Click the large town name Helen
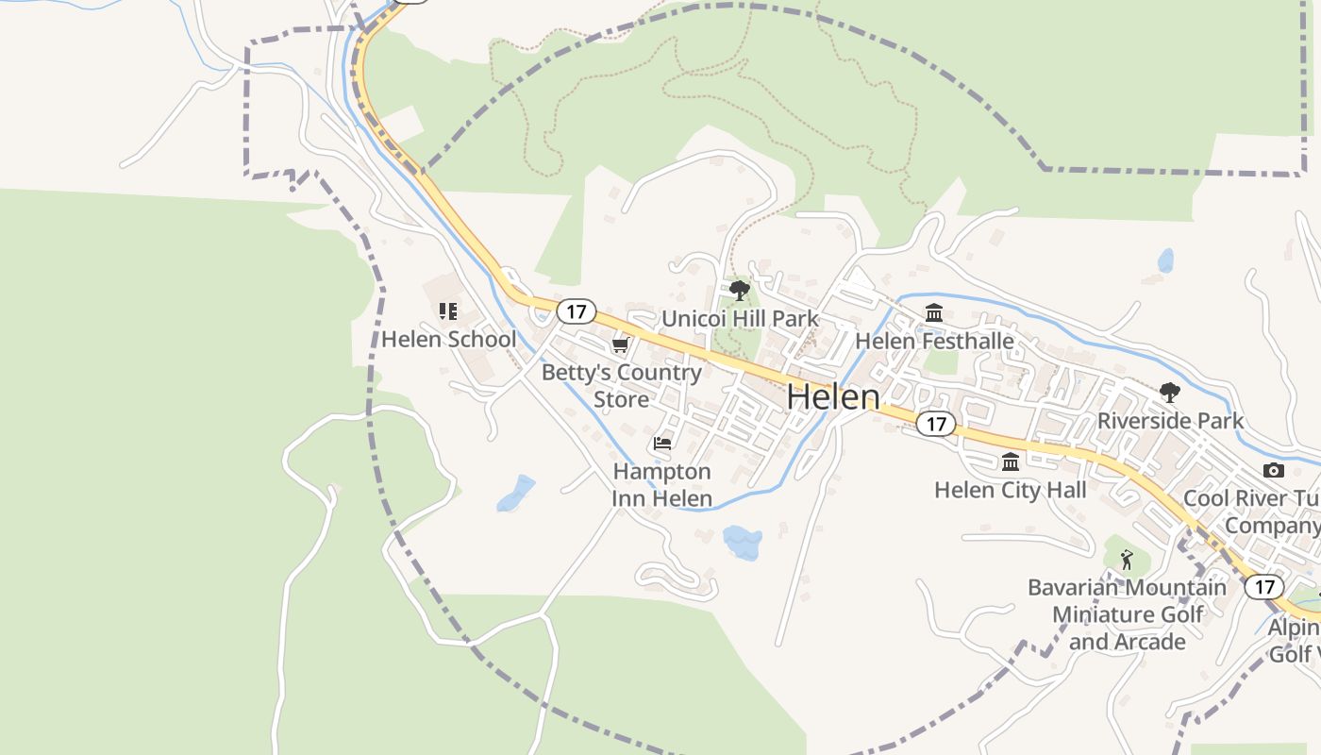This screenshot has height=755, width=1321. point(833,397)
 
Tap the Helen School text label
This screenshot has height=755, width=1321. point(448,339)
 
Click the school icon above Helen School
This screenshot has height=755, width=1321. point(448,310)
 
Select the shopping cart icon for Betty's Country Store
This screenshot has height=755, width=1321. point(620,344)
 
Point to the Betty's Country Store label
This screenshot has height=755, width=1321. point(621,385)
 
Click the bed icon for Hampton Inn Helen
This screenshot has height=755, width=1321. point(662,443)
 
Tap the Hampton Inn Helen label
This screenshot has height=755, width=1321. point(662,484)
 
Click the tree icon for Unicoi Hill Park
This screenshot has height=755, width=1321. point(740,290)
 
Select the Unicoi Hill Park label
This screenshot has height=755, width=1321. point(740,318)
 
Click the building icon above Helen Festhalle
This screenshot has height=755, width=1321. point(934,312)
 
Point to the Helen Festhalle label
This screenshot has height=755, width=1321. point(934,341)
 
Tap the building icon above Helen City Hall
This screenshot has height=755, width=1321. point(1011,461)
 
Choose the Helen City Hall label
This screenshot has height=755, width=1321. point(1011,490)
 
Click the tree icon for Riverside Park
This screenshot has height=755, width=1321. point(1170,392)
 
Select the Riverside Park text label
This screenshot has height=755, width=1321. point(1170,420)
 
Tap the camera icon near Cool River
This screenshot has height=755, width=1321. point(1273,470)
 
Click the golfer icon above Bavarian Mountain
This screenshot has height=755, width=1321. point(1127,560)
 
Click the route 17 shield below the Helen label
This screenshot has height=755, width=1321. point(935,424)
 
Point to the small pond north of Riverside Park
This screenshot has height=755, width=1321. point(1166,260)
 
